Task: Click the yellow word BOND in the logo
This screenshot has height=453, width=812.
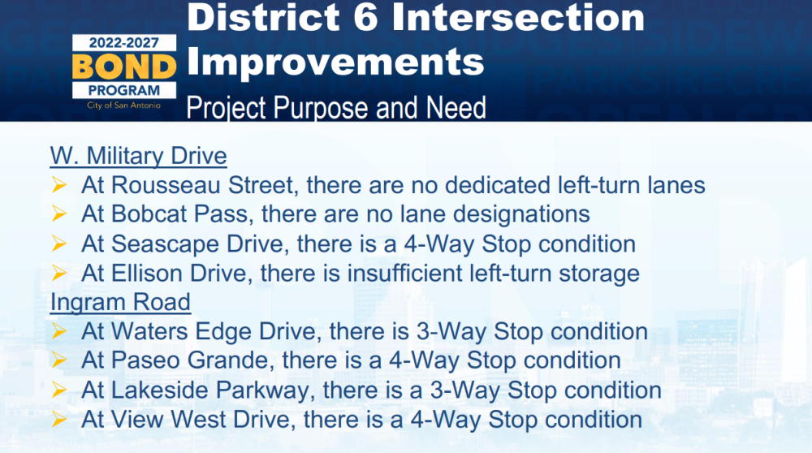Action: [124, 67]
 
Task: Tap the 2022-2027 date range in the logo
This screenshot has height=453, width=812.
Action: [123, 43]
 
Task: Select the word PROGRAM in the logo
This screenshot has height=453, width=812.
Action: [124, 90]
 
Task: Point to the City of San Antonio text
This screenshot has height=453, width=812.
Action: [123, 105]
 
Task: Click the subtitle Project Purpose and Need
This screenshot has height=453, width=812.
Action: [336, 108]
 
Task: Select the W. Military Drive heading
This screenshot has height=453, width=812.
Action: [138, 156]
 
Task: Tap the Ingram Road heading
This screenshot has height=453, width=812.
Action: [120, 302]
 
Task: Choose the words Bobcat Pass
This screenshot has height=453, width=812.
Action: [179, 214]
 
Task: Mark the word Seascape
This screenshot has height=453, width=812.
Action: [165, 244]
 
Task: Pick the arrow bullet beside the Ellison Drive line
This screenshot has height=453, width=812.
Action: [58, 273]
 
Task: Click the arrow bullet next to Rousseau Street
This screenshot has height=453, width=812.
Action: [58, 185]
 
